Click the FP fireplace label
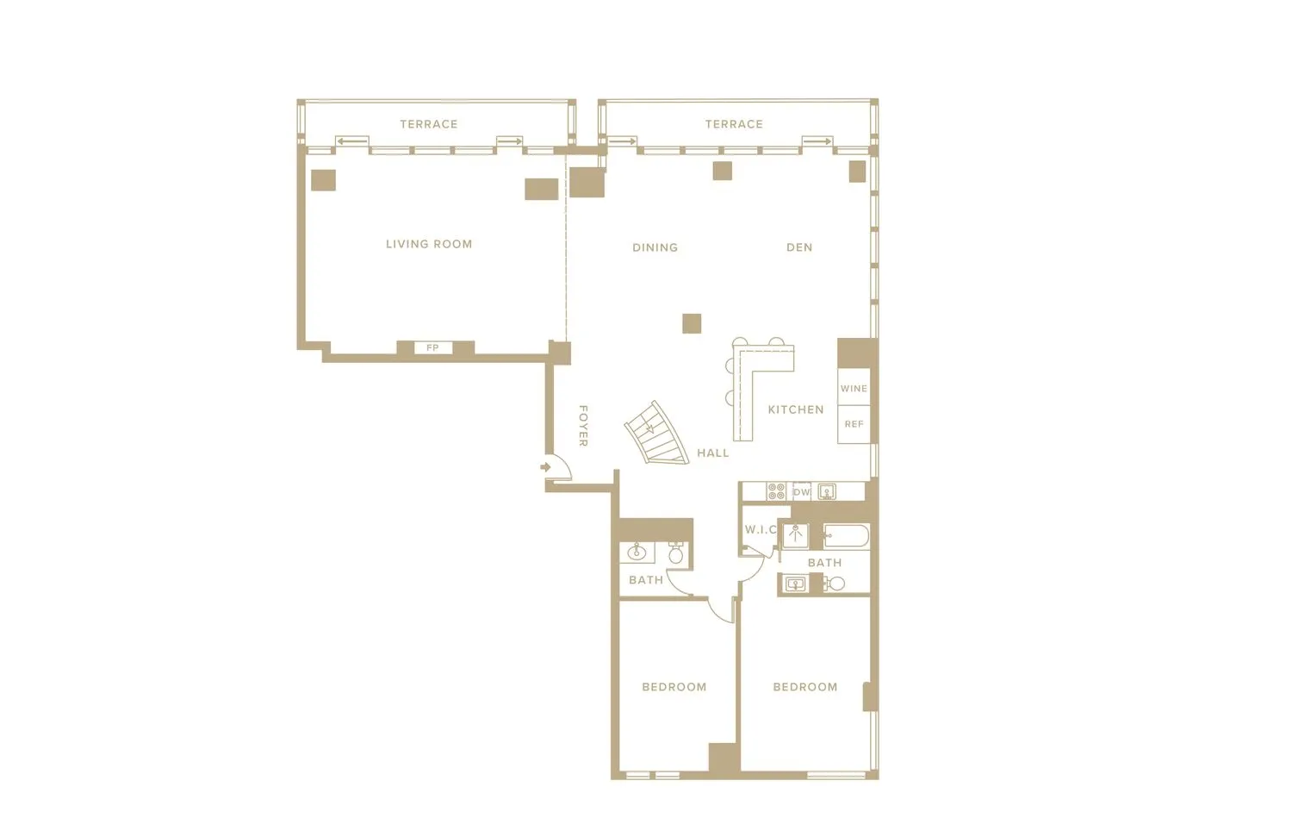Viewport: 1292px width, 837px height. pyautogui.click(x=432, y=348)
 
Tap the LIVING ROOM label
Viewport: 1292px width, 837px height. pyautogui.click(x=429, y=244)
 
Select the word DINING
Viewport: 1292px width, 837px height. pyautogui.click(x=655, y=247)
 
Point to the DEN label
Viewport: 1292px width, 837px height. pyautogui.click(x=799, y=247)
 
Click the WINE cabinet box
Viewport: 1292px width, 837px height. pyautogui.click(x=854, y=388)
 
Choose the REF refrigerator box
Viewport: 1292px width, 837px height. pyautogui.click(x=854, y=424)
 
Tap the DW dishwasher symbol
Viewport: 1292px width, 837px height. pyautogui.click(x=802, y=492)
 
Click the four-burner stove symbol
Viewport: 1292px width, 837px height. pyautogui.click(x=776, y=491)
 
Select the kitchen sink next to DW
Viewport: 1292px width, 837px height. pyautogui.click(x=827, y=491)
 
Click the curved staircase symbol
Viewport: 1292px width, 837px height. pyautogui.click(x=656, y=434)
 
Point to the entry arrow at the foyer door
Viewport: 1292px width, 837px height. pyautogui.click(x=545, y=466)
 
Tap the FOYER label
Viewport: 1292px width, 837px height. pyautogui.click(x=583, y=426)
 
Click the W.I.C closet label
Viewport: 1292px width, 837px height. pyautogui.click(x=761, y=529)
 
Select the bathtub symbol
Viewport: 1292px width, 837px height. pyautogui.click(x=846, y=536)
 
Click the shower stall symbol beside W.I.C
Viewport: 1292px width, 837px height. pyautogui.click(x=795, y=534)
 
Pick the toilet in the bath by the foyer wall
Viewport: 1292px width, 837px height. pyautogui.click(x=676, y=553)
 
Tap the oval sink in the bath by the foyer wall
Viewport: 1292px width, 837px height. pyautogui.click(x=637, y=552)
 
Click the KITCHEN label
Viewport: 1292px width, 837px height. pyautogui.click(x=795, y=409)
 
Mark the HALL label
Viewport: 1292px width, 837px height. pyautogui.click(x=712, y=453)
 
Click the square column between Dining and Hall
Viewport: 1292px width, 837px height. pyautogui.click(x=692, y=323)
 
